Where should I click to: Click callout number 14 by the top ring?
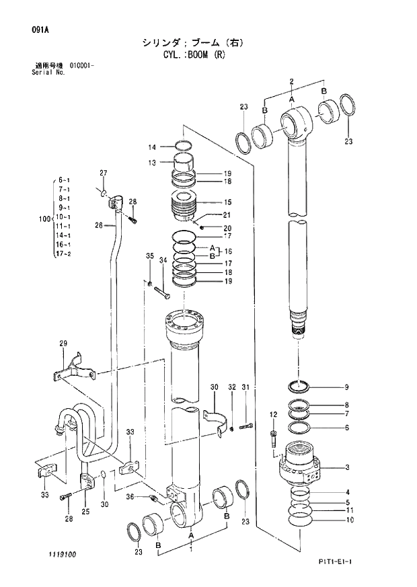point(152,147)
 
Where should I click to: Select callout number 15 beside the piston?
point(228,202)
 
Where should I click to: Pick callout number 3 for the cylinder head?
point(346,467)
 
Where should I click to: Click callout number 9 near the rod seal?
point(346,387)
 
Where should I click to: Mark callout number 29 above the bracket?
point(63,344)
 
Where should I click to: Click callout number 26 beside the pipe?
point(98,226)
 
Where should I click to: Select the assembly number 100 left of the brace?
point(44,218)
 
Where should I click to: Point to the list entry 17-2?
point(64,255)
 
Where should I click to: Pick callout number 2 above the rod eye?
point(291,81)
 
